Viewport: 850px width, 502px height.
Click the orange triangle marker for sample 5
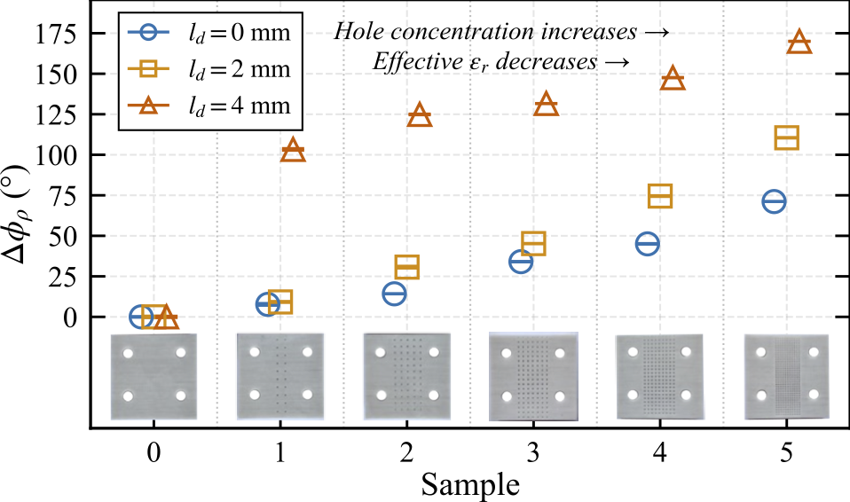point(799,42)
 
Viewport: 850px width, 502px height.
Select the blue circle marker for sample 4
point(648,243)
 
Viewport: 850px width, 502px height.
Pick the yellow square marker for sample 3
point(533,244)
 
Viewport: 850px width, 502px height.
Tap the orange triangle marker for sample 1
point(294,151)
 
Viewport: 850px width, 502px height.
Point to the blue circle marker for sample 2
point(394,294)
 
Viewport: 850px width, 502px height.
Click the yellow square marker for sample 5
point(787,137)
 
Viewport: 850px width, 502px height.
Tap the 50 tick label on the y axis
point(67,236)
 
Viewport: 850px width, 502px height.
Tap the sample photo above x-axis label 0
point(153,375)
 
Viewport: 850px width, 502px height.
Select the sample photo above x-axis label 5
point(787,375)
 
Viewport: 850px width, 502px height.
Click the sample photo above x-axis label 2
point(407,375)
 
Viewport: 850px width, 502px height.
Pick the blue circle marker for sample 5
point(774,201)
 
